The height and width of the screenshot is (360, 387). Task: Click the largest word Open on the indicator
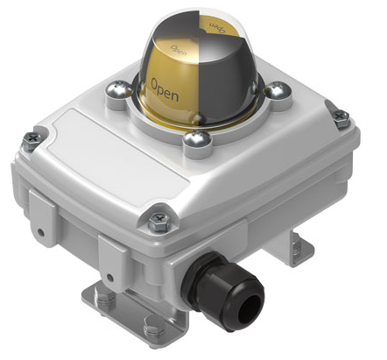pos(165,90)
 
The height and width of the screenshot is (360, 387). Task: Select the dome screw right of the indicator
pos(278,90)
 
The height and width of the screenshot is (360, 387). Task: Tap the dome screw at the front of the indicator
pos(197,138)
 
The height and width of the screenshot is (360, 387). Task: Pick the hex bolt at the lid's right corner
pos(341,118)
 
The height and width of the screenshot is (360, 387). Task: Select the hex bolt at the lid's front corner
pos(159,222)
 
